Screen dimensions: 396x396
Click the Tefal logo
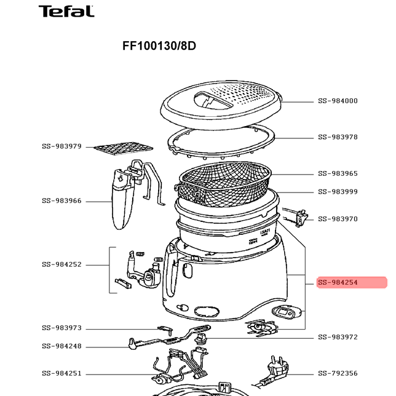click(66, 11)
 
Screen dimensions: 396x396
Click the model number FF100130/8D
click(159, 46)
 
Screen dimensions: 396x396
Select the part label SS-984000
click(338, 101)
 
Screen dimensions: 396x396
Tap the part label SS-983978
click(338, 137)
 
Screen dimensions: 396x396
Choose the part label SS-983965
click(338, 173)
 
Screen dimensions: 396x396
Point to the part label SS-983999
click(338, 191)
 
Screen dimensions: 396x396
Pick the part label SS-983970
click(338, 219)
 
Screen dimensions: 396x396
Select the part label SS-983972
click(338, 337)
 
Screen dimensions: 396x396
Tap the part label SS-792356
click(338, 373)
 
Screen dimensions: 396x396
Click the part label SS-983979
click(61, 146)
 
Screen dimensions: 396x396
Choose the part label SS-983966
click(61, 201)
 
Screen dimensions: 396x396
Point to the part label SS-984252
click(61, 264)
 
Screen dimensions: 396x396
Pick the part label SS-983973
click(61, 328)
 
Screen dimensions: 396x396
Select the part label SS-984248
click(61, 346)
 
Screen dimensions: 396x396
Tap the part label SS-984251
click(61, 373)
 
